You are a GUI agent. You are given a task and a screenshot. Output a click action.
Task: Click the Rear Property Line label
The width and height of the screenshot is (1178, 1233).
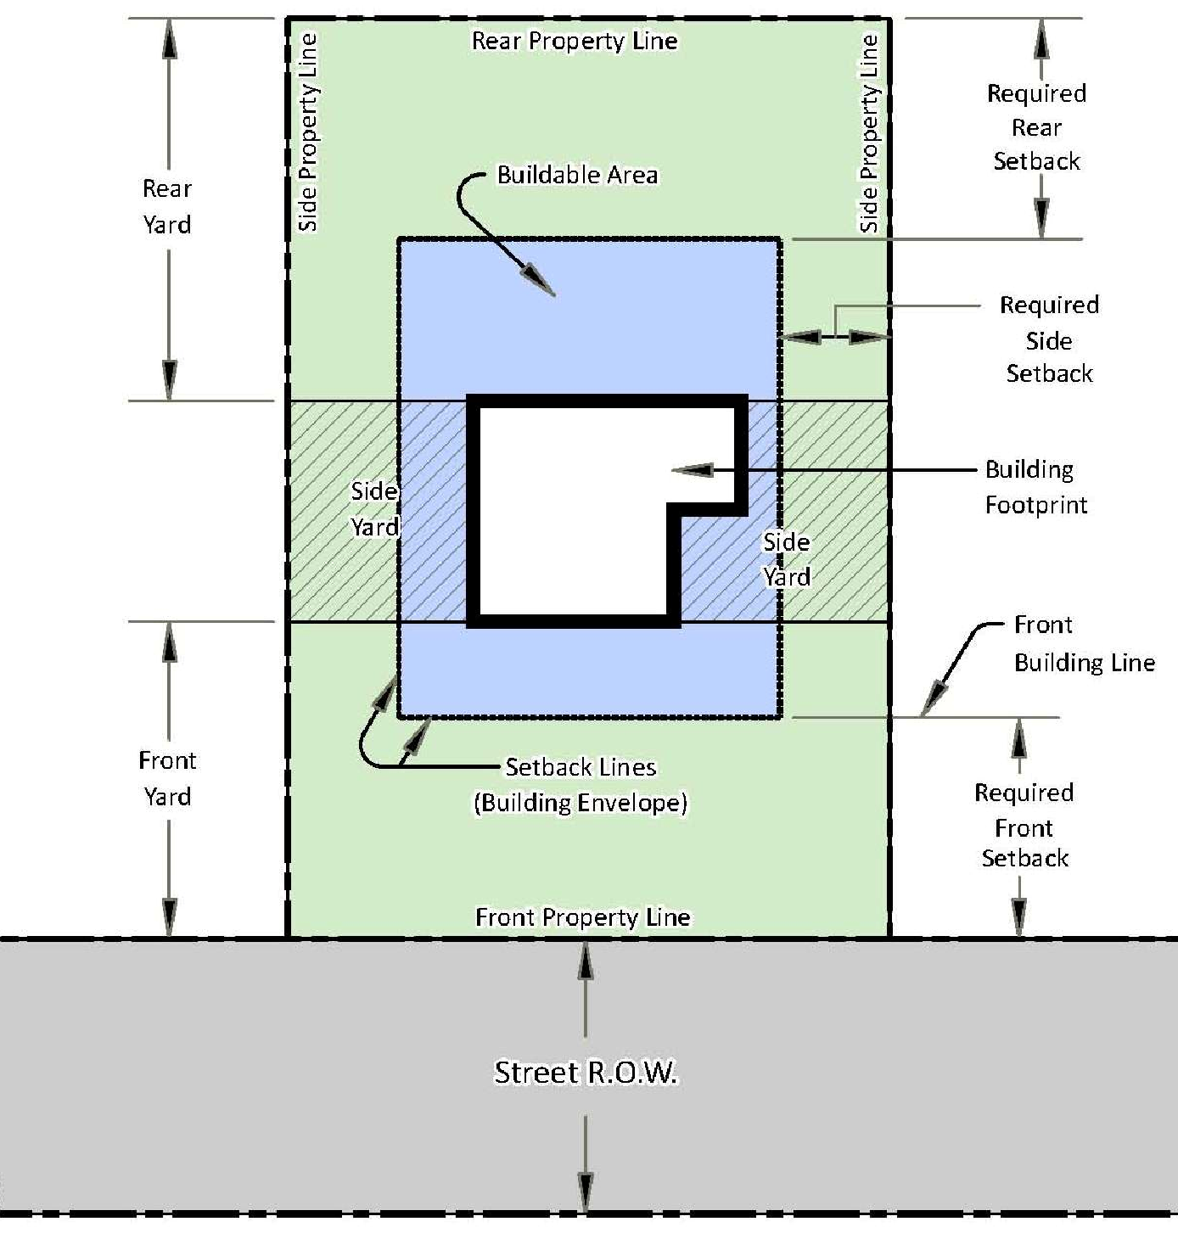[x=575, y=42]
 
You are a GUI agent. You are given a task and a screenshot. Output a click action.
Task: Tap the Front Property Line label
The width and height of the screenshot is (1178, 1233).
[x=582, y=917]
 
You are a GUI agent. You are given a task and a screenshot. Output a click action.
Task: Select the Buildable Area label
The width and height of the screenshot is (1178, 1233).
[x=577, y=175]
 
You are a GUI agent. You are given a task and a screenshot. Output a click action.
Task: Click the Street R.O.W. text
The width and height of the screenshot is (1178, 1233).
[x=586, y=1073]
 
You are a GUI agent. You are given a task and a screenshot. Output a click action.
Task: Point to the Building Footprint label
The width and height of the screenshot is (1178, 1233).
[x=1035, y=487]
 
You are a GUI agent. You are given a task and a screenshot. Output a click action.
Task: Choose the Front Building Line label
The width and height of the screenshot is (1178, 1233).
[x=1084, y=644]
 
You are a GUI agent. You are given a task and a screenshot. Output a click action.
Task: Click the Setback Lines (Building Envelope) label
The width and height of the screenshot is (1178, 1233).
[x=581, y=785]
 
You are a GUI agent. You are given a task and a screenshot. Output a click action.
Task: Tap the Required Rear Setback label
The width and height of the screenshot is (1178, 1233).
[x=1036, y=127]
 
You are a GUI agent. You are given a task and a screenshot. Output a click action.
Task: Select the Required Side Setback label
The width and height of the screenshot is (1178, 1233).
[x=1049, y=339]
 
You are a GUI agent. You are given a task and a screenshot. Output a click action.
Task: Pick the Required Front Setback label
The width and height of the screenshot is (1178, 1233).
[x=1024, y=826]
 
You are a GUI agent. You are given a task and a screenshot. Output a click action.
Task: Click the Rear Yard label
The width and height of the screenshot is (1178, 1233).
[x=166, y=206]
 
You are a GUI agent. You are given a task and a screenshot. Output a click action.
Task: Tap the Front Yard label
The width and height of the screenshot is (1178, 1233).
[x=167, y=778]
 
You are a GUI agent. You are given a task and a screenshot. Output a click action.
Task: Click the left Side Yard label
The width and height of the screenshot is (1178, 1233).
[x=375, y=509]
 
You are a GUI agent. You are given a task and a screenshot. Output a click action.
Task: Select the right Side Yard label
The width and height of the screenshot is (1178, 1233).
[x=787, y=559]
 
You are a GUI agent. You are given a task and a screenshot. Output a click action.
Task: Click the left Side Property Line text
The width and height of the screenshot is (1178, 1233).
[x=308, y=133]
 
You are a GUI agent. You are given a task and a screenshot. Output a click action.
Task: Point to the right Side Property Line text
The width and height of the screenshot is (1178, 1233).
[x=869, y=133]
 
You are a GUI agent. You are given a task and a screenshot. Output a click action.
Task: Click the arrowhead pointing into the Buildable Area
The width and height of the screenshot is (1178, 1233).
[x=539, y=282]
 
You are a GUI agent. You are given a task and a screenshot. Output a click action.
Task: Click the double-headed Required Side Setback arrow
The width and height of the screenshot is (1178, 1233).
[x=835, y=337]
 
